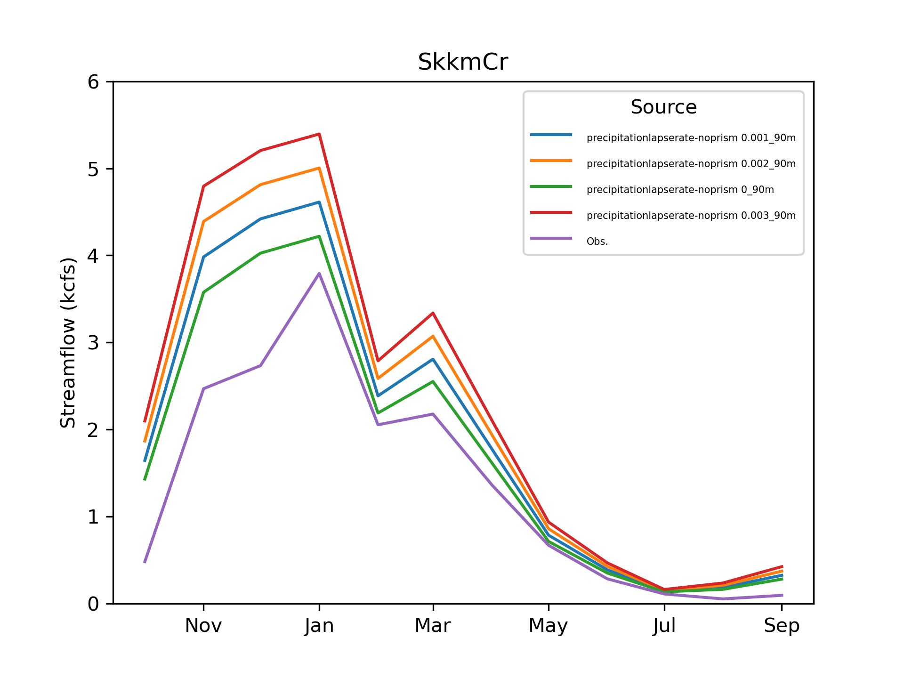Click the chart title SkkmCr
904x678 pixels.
(x=463, y=62)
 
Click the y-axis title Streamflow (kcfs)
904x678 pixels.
(x=68, y=343)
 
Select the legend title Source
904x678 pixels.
(x=663, y=107)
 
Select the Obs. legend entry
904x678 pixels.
(x=597, y=242)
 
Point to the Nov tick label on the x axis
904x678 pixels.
(x=203, y=626)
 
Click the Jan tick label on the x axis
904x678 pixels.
(x=319, y=626)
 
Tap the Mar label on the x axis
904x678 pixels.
(x=433, y=626)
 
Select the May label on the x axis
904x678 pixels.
(x=549, y=626)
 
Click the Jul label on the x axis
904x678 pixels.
(x=664, y=626)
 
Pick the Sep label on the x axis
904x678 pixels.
(x=782, y=626)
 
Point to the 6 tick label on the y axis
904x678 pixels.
(x=93, y=82)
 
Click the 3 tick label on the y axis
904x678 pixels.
(x=93, y=343)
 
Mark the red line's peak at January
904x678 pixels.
(x=319, y=134)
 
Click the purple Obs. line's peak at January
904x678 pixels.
(x=319, y=274)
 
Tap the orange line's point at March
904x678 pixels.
(x=433, y=336)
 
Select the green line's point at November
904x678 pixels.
(x=203, y=292)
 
